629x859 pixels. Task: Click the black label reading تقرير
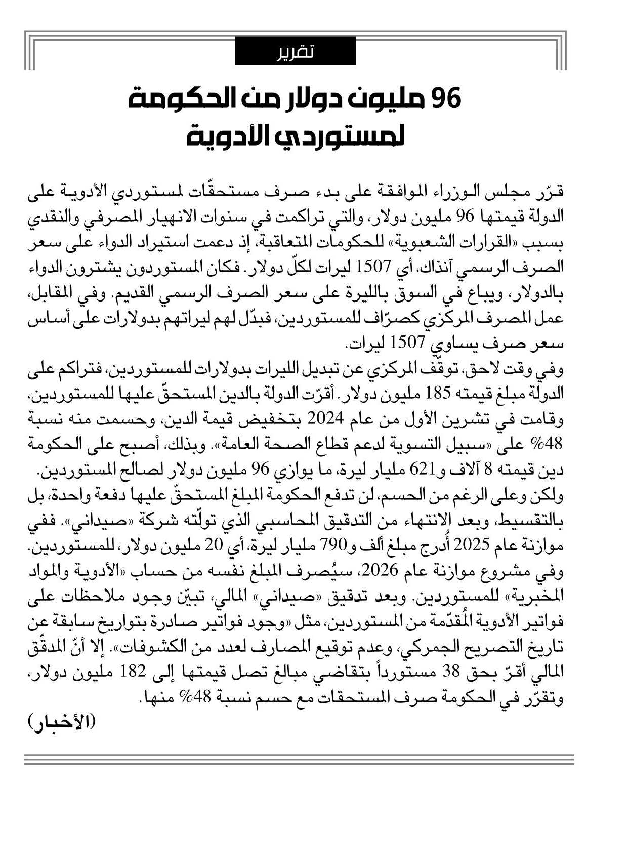(x=295, y=51)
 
